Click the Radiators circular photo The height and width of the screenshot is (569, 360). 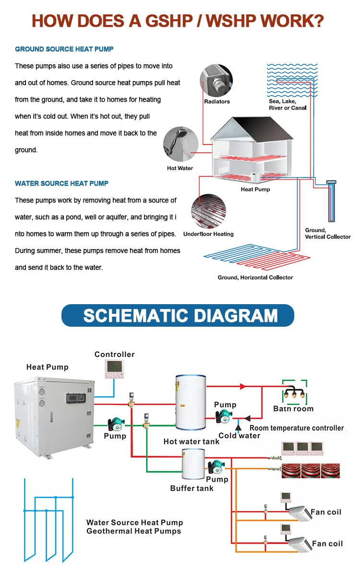point(216,81)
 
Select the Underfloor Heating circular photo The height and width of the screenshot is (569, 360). point(208,211)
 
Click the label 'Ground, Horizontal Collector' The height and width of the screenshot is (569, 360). point(255,277)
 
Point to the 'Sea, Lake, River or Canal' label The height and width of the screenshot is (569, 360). point(288,105)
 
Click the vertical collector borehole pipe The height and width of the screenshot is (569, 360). point(331,202)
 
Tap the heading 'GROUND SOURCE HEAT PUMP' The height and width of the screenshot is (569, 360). point(64,49)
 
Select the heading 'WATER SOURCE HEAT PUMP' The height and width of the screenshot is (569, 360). point(61,183)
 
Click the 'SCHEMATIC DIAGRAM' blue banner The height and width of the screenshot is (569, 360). point(180,316)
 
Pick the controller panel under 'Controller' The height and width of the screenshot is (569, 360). point(113,369)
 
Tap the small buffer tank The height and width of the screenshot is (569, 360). point(193,464)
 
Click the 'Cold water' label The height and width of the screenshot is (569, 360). point(239,436)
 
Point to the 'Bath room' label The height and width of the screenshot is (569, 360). point(293,409)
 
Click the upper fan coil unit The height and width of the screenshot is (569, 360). point(300,514)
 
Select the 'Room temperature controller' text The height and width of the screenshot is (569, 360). point(297,428)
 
